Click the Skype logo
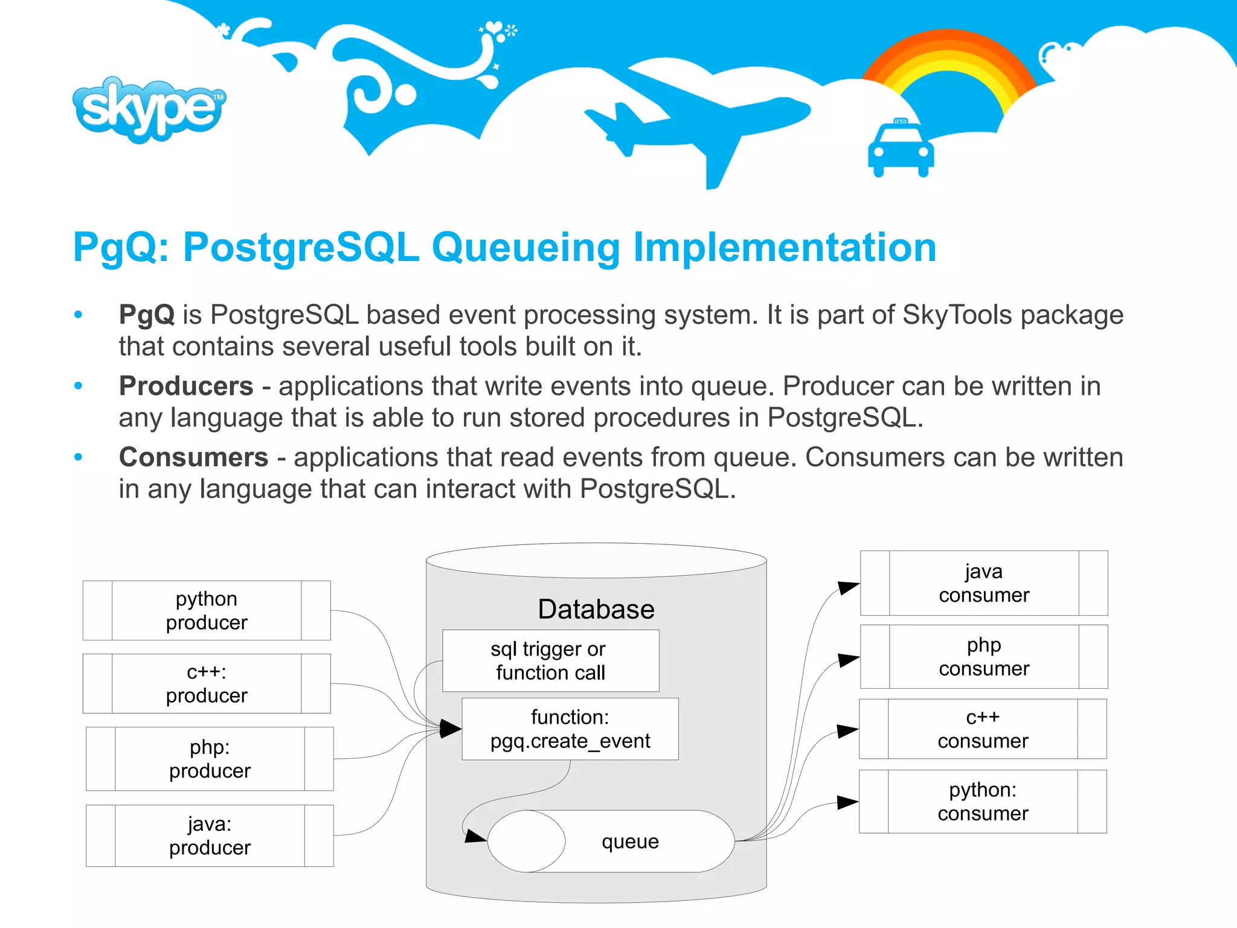149,109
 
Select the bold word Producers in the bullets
186,386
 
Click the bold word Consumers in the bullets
193,457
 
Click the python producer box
207,610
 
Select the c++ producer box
207,683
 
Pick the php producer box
210,759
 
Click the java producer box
210,836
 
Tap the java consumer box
983,583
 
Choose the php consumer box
983,657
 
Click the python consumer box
983,802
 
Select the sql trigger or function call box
550,661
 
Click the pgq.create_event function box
570,729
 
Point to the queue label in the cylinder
630,842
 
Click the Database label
596,609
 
